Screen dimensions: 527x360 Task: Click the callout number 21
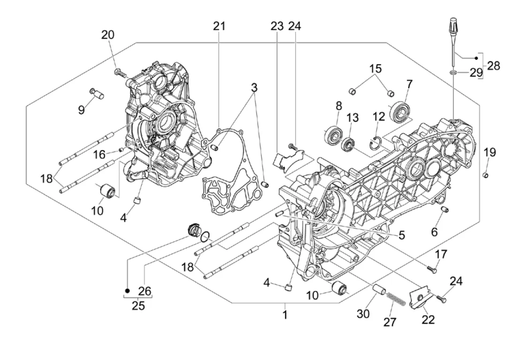click(219, 26)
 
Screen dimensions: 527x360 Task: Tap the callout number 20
click(108, 35)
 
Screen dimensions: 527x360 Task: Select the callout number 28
click(493, 66)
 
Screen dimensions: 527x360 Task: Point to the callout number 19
click(489, 152)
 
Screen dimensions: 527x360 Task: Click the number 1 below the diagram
click(285, 315)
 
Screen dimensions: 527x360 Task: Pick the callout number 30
click(363, 314)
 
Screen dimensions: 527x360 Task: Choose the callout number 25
click(138, 306)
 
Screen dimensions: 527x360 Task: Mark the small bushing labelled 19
click(485, 175)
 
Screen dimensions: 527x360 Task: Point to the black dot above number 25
click(128, 291)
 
